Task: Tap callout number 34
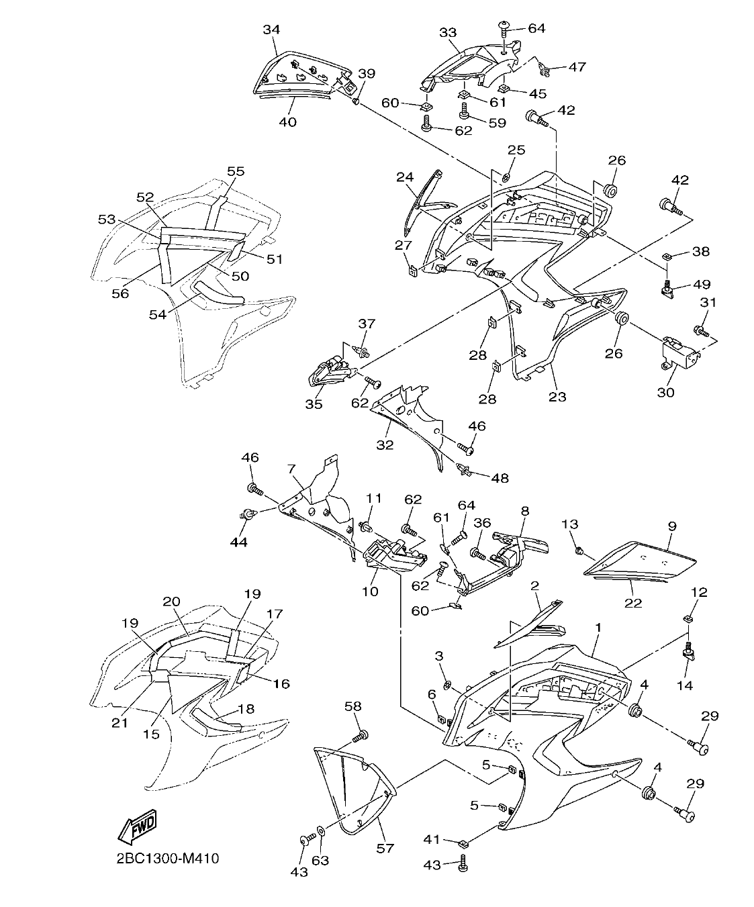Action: point(271,30)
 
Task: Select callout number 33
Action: point(448,32)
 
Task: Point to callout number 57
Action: point(385,848)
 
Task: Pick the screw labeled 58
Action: point(360,736)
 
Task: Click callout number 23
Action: point(557,396)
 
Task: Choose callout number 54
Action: point(157,314)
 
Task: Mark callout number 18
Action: point(246,709)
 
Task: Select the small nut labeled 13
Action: point(579,551)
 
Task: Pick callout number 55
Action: point(236,171)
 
